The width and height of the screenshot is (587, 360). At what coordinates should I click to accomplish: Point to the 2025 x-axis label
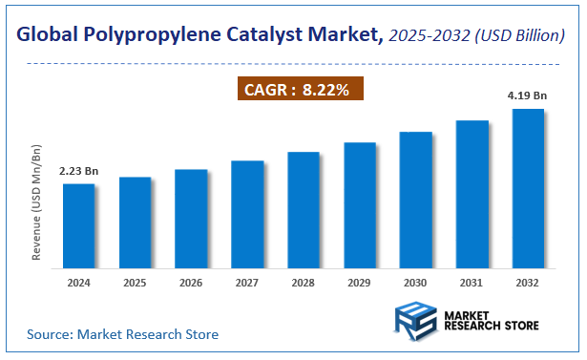coord(136,283)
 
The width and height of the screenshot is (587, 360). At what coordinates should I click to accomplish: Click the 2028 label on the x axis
coord(304,283)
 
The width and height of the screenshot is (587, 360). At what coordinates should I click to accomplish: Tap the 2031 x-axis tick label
coord(472,283)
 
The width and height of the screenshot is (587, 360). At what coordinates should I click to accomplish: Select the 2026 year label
coord(191,283)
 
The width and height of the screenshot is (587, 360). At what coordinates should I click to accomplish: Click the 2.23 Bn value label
coord(79,171)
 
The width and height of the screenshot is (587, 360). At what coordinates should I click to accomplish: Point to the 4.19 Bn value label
coord(528,95)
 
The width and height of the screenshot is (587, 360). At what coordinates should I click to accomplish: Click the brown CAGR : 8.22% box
coord(299,90)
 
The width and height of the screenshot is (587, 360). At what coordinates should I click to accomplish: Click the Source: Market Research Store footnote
coord(122,334)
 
